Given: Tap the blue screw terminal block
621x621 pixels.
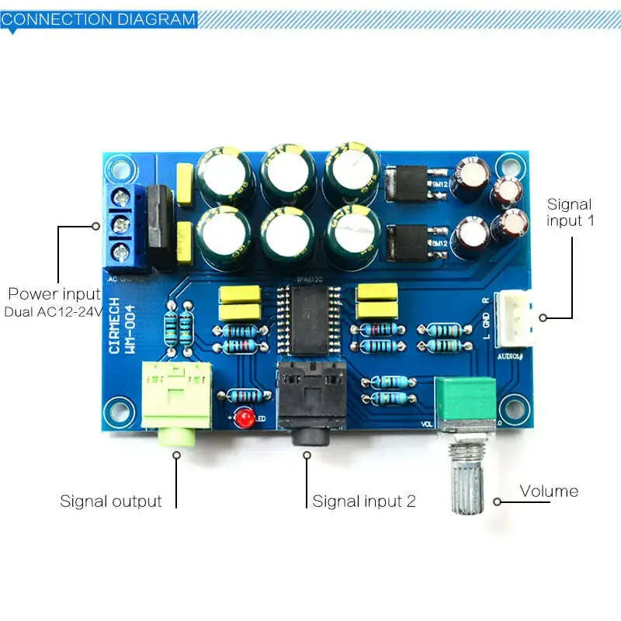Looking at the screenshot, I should pyautogui.click(x=123, y=226).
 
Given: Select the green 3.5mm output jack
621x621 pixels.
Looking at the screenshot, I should pyautogui.click(x=176, y=400).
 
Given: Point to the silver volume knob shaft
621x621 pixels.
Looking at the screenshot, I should pyautogui.click(x=467, y=480).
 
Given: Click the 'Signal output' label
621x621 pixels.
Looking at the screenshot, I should pyautogui.click(x=111, y=501).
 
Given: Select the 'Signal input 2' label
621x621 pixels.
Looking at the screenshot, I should pyautogui.click(x=364, y=501).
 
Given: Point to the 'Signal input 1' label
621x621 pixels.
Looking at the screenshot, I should pyautogui.click(x=570, y=213).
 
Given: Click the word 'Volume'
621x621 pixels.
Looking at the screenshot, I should pyautogui.click(x=549, y=491).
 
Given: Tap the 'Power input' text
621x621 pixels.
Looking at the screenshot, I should pyautogui.click(x=54, y=294).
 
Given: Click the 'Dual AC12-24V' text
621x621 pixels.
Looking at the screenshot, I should pyautogui.click(x=53, y=312).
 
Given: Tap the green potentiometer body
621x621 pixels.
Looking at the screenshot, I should pyautogui.click(x=465, y=403).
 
